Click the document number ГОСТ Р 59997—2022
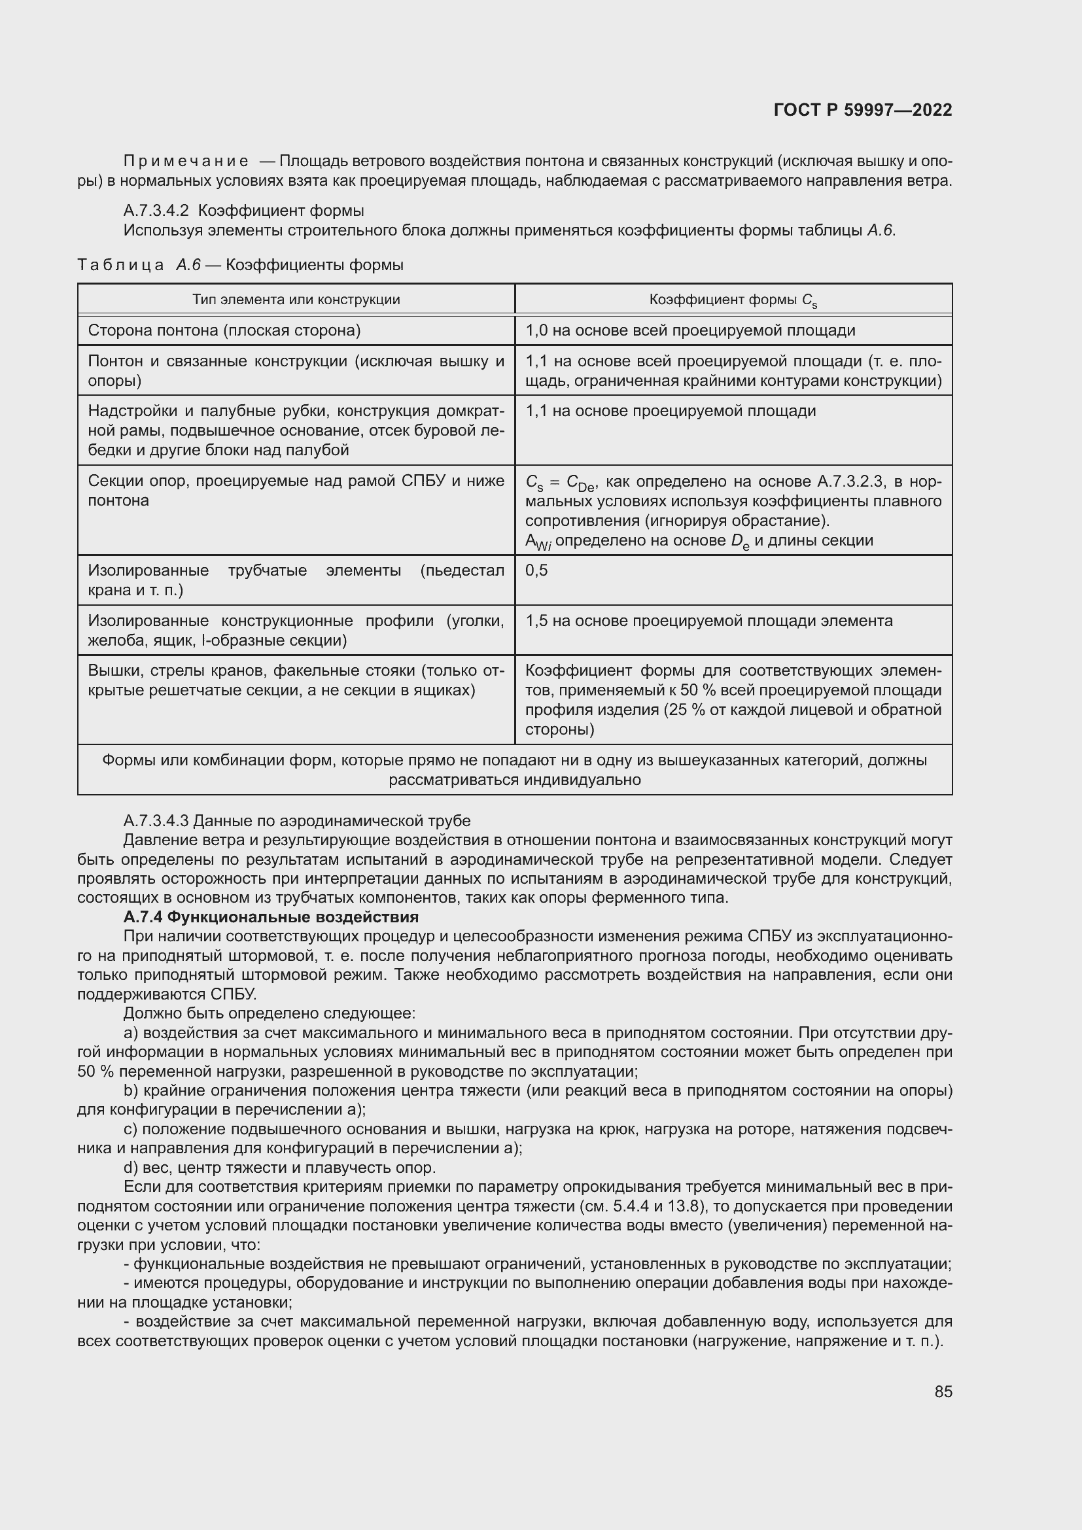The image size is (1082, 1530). tap(863, 110)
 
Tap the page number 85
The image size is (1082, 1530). tap(943, 1391)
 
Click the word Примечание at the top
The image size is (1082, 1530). tap(186, 162)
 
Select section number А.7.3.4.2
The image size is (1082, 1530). tap(156, 211)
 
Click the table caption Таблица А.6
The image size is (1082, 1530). tap(139, 265)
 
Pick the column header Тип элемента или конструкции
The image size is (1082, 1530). tap(296, 299)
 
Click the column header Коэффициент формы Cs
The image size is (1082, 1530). tap(733, 300)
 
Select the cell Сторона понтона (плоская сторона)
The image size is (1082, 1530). tap(224, 330)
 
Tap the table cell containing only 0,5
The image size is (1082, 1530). tap(536, 570)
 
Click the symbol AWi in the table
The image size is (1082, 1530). tap(538, 542)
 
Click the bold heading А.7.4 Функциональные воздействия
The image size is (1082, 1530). tap(271, 917)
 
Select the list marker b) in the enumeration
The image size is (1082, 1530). tap(131, 1090)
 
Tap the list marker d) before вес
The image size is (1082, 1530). tap(131, 1168)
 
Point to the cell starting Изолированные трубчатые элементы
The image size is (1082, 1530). tap(296, 580)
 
